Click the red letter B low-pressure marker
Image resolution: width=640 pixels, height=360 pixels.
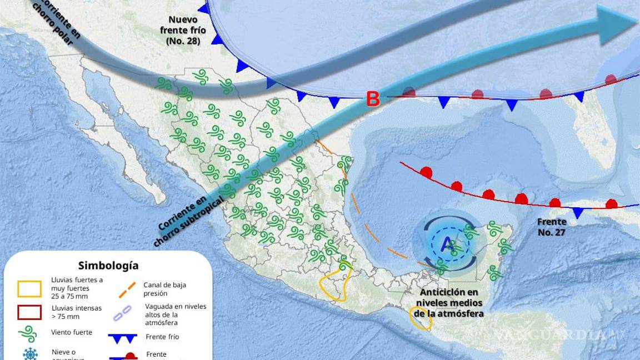(373, 99)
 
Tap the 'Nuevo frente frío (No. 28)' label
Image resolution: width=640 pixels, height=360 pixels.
(183, 31)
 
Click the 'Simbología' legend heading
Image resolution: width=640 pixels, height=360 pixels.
(108, 266)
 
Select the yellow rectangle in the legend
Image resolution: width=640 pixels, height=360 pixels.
(29, 289)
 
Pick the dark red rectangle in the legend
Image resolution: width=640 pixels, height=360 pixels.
(29, 312)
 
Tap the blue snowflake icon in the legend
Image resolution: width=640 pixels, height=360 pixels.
(30, 354)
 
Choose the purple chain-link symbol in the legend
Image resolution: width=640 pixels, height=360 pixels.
(123, 313)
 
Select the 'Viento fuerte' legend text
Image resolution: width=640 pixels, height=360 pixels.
(72, 333)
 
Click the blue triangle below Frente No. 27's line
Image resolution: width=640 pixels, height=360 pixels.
(578, 213)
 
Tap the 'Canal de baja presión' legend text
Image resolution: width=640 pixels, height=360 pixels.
(164, 289)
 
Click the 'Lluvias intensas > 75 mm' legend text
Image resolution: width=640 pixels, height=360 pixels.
(77, 312)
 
